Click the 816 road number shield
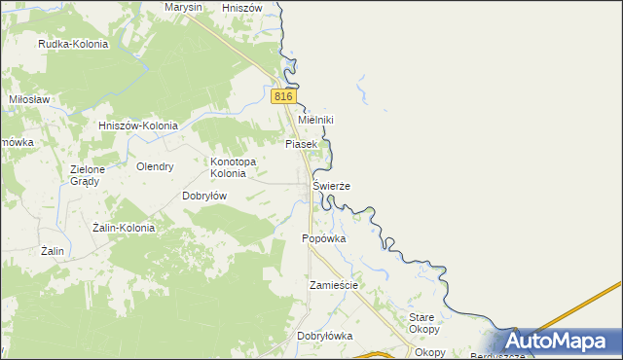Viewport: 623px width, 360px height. tap(281, 96)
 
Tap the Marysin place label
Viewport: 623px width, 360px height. tap(183, 7)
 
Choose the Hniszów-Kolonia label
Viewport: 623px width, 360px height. tap(138, 126)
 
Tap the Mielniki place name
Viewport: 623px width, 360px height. tap(315, 120)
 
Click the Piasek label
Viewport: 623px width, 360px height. tap(301, 144)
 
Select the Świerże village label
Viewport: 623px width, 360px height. tap(331, 185)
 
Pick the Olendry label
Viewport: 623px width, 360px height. tap(155, 166)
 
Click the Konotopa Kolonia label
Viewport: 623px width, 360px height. tap(233, 167)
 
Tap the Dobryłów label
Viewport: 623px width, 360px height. tap(204, 195)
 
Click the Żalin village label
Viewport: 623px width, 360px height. tap(53, 251)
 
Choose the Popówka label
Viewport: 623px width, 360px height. tap(325, 238)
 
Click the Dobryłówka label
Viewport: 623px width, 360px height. tap(324, 336)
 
